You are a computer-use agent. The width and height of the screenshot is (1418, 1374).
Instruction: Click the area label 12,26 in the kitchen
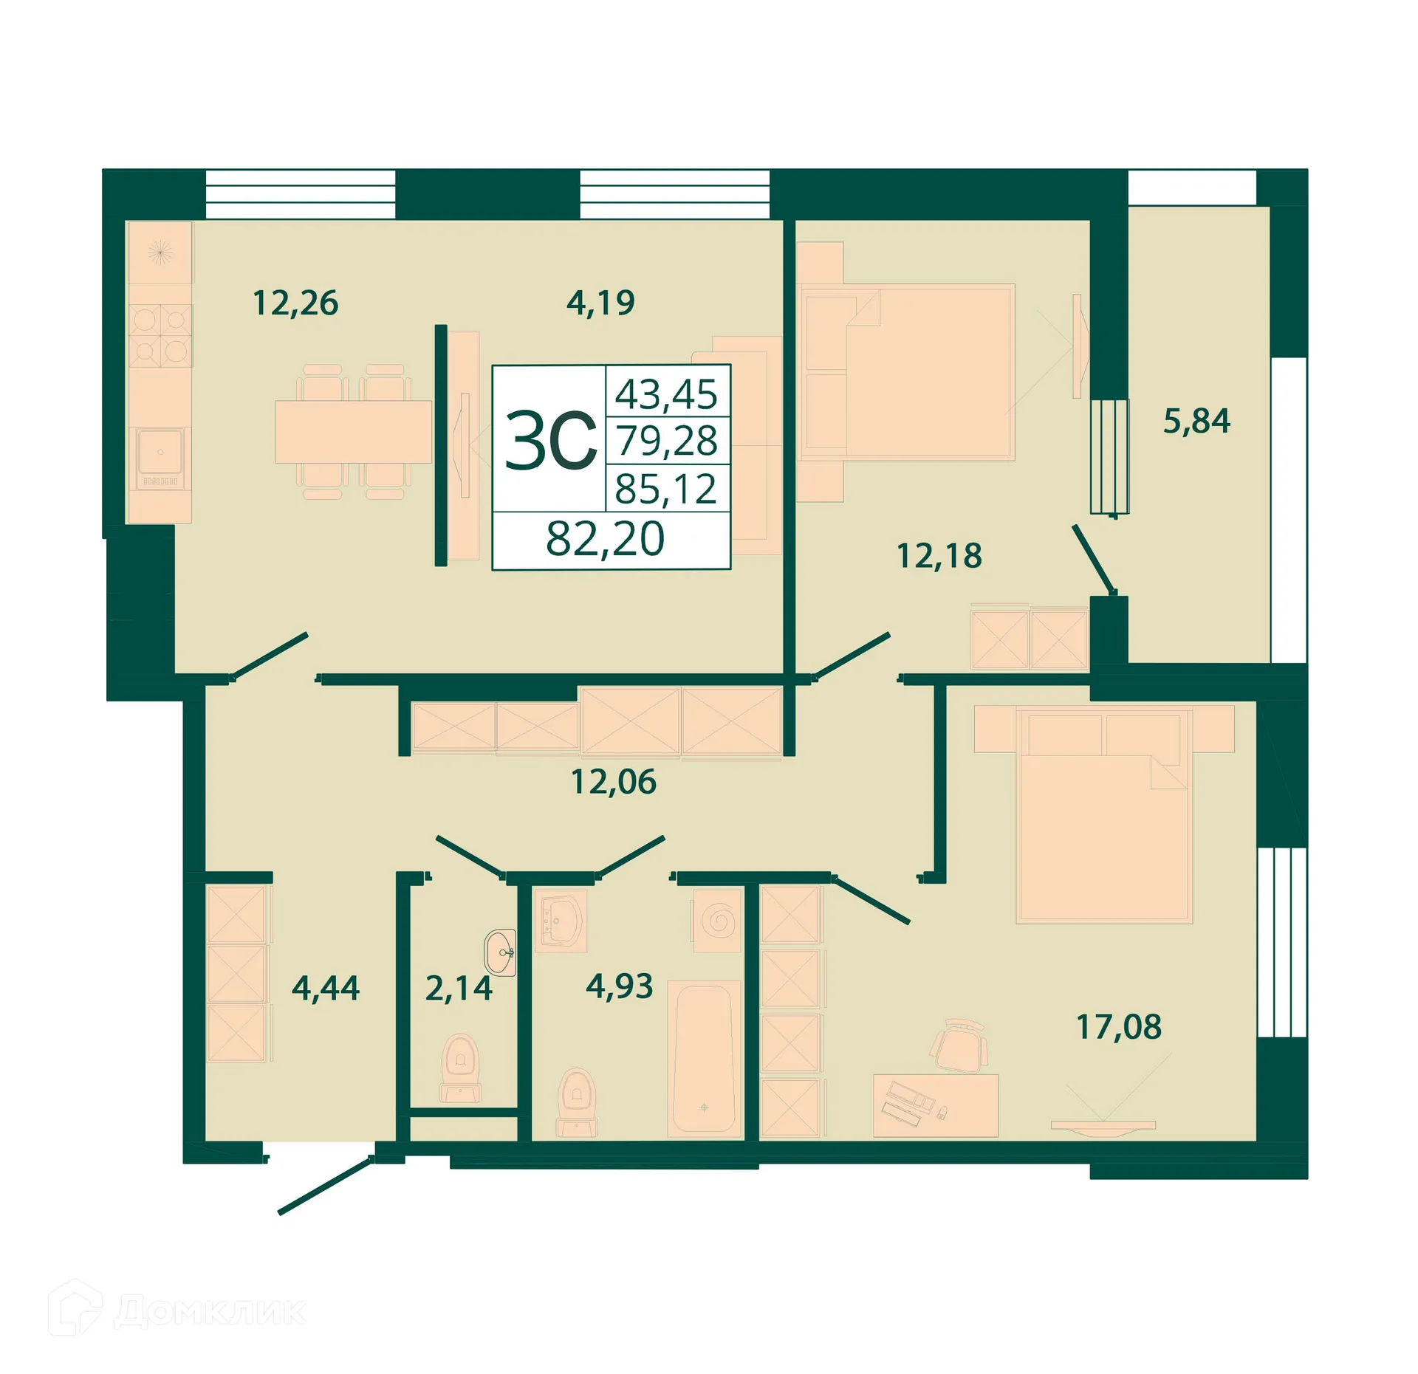(295, 303)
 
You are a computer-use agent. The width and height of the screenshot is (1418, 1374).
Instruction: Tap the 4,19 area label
(600, 303)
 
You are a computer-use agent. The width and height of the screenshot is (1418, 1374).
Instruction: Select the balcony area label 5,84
(1196, 421)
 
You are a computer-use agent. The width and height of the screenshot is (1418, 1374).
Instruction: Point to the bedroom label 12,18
(939, 556)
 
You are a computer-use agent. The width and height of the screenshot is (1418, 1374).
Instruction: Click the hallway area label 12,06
(613, 782)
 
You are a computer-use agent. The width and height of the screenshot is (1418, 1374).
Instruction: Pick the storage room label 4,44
(325, 988)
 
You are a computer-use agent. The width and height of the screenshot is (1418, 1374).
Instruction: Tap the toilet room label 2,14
(458, 989)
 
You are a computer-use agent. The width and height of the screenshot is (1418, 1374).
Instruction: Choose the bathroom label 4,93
(619, 986)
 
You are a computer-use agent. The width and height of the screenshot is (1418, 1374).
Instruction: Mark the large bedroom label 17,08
(1118, 1027)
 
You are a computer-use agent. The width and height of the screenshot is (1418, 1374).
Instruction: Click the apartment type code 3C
(550, 442)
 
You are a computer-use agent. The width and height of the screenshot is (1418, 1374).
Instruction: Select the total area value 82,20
(605, 539)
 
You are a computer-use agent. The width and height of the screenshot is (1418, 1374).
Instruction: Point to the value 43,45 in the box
(666, 394)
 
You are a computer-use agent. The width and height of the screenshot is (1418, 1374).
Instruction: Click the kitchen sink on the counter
(160, 451)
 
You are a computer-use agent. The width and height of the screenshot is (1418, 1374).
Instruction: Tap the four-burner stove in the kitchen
(160, 335)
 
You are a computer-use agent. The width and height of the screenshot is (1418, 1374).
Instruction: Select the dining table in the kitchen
(353, 432)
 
